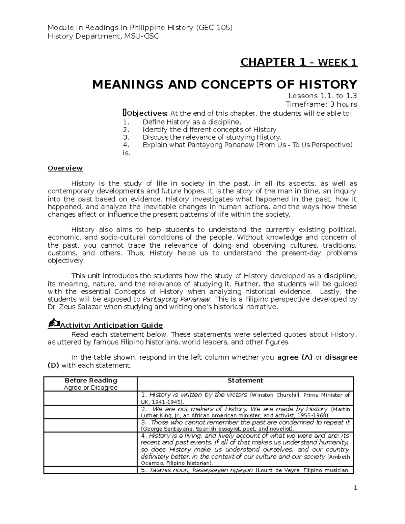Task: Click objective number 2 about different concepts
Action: (209, 130)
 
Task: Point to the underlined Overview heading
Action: (65, 168)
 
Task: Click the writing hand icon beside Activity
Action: (54, 324)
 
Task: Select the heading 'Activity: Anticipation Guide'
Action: (111, 325)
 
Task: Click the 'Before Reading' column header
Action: (90, 381)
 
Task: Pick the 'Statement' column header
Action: (245, 381)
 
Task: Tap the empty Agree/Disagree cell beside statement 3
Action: (90, 425)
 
